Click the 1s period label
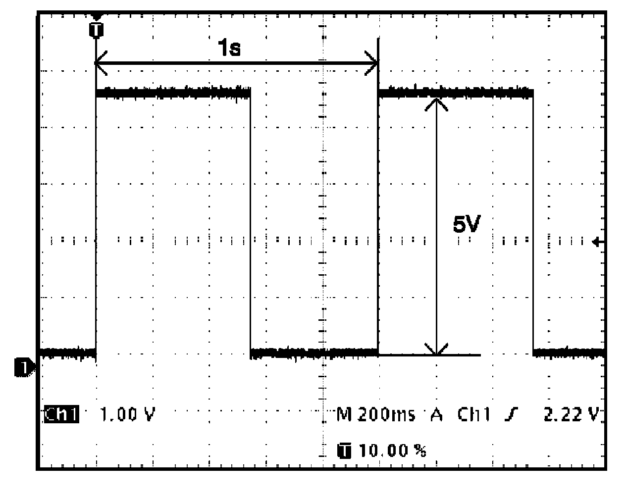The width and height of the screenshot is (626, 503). (229, 49)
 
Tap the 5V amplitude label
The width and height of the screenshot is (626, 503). (467, 226)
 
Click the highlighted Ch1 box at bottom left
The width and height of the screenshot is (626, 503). (61, 414)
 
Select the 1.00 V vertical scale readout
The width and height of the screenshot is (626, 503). (128, 414)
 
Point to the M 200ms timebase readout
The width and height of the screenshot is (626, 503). (376, 414)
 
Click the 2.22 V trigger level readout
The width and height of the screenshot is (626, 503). (572, 414)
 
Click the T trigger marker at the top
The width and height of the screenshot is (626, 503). (96, 30)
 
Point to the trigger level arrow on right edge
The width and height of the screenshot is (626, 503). (599, 242)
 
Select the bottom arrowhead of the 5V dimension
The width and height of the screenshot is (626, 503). (436, 350)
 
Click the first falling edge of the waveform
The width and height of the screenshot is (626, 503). (251, 223)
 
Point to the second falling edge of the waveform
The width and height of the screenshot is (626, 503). (533, 223)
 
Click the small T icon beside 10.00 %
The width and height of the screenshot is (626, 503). (344, 451)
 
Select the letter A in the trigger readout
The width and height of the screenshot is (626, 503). (436, 414)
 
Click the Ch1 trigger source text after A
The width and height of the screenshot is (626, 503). (473, 414)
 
